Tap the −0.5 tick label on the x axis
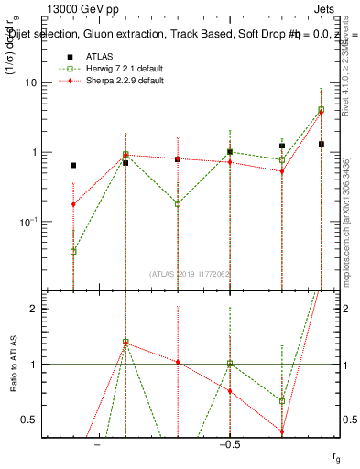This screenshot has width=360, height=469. coord(229,444)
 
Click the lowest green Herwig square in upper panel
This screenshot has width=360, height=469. coord(73,251)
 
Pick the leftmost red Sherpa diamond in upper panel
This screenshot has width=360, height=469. coord(73,204)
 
